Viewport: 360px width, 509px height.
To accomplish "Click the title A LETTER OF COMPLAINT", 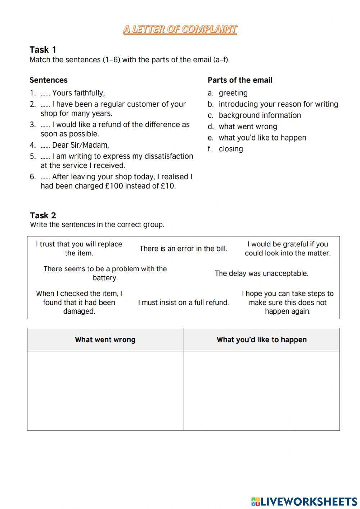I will click(x=180, y=29).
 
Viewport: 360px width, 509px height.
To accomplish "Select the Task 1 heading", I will click(x=43, y=49).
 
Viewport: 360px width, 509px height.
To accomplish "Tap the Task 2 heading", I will click(x=43, y=215).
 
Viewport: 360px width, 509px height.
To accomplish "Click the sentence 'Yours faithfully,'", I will click(x=78, y=93).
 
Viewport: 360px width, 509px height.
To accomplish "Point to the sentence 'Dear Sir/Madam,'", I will click(x=80, y=145).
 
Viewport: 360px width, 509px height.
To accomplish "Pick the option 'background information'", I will click(x=260, y=115).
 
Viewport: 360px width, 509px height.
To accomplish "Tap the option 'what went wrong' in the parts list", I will click(x=248, y=126).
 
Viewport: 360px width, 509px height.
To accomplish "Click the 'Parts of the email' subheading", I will click(x=240, y=80).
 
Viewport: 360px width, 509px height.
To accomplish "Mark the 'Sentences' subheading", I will click(x=49, y=80).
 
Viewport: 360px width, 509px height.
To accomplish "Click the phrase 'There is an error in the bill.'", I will click(x=183, y=249).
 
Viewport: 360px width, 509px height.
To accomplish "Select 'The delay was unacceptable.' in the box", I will click(x=262, y=273).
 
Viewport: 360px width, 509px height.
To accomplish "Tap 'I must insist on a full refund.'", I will click(x=183, y=303).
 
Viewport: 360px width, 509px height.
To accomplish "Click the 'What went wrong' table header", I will click(x=105, y=340).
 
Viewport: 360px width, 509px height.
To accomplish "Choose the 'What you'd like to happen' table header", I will click(x=262, y=340).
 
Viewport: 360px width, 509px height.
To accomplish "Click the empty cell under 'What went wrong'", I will click(x=105, y=390).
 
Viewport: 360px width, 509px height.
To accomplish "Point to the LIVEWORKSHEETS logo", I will click(x=304, y=501).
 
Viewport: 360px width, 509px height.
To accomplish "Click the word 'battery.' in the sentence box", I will click(x=105, y=278).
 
